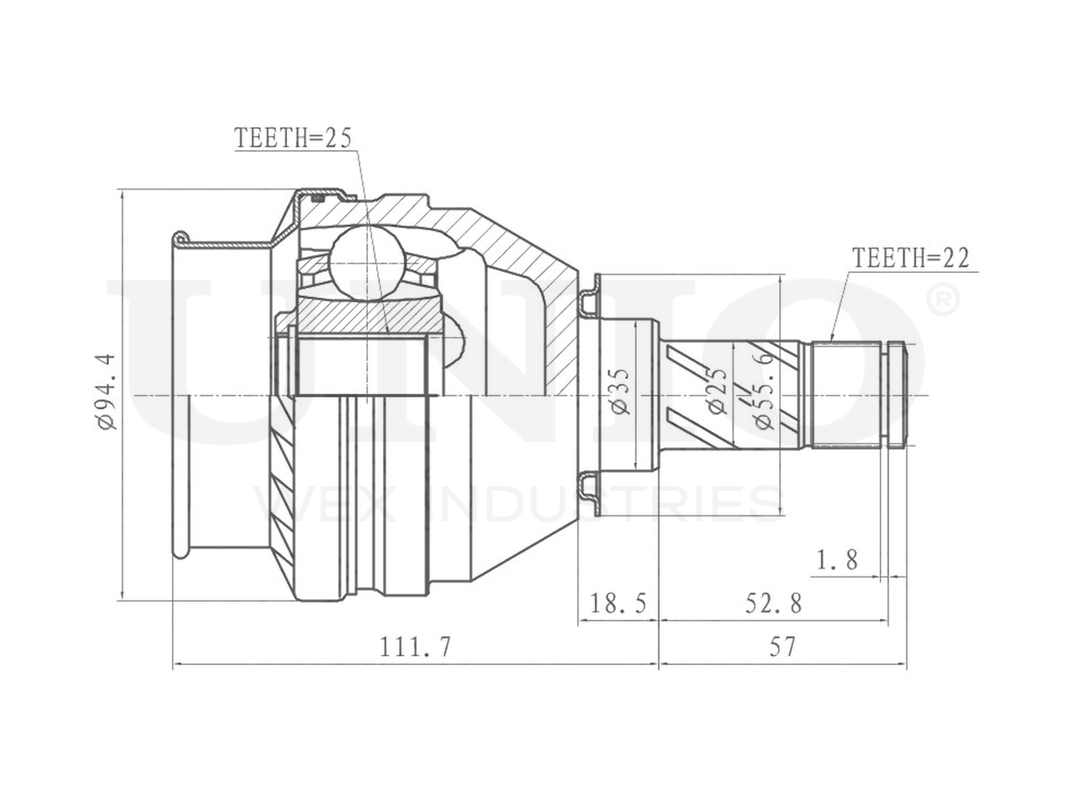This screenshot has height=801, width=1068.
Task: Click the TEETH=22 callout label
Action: point(909,259)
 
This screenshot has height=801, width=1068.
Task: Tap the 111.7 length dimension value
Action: point(415,647)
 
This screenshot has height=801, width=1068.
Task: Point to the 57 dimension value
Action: point(782,647)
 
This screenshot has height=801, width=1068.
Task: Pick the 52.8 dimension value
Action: point(772,603)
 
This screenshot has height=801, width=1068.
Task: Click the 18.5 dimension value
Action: point(618,603)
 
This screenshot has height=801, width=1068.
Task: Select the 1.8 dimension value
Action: point(837,560)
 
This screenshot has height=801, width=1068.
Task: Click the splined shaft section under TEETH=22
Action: point(847,392)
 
